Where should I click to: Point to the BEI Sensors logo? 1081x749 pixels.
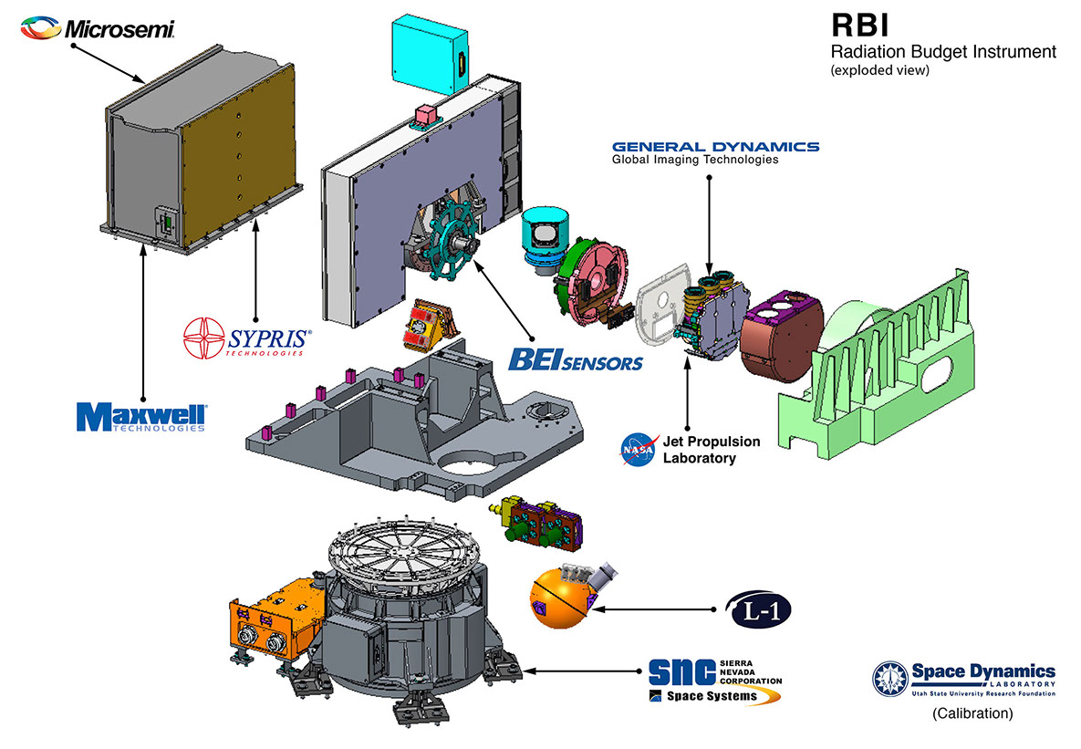(x=575, y=358)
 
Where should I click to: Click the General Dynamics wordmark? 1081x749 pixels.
(x=715, y=147)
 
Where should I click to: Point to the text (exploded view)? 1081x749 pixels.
(x=879, y=70)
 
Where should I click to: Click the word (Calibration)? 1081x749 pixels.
(x=972, y=714)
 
